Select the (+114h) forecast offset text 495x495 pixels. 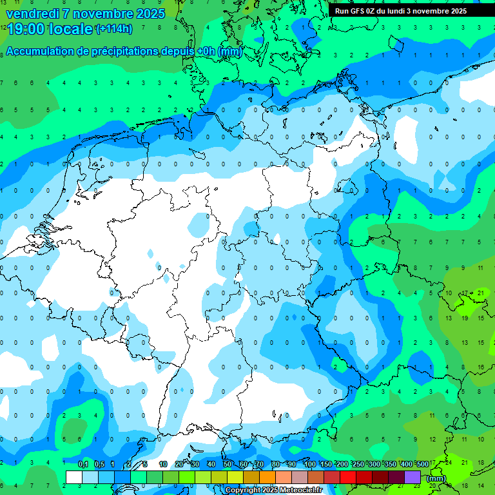(x=114, y=29)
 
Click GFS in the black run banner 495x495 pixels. (x=357, y=11)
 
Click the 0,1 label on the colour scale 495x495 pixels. (x=83, y=465)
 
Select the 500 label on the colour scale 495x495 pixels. (x=423, y=465)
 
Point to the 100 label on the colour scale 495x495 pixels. (x=310, y=465)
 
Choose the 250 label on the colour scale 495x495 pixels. (x=358, y=465)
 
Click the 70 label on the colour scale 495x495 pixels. (x=260, y=465)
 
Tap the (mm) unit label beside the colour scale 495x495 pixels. (x=436, y=478)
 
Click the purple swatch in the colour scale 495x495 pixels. (x=412, y=477)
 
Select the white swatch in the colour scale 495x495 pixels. (x=74, y=477)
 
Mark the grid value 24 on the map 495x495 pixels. (x=448, y=462)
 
